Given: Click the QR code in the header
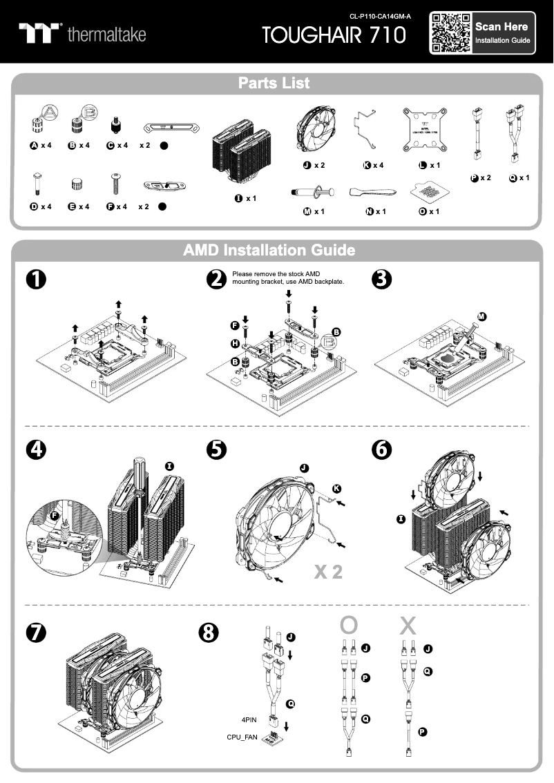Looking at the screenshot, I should point(451,32).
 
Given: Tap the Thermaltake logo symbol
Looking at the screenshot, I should point(40,32).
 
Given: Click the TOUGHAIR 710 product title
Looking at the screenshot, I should point(334,35).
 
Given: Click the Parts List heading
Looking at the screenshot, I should point(274,84).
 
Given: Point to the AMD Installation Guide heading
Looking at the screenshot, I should point(269,250).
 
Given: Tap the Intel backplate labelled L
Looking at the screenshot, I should point(427,129).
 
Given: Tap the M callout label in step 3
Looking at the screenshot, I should point(481,316).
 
